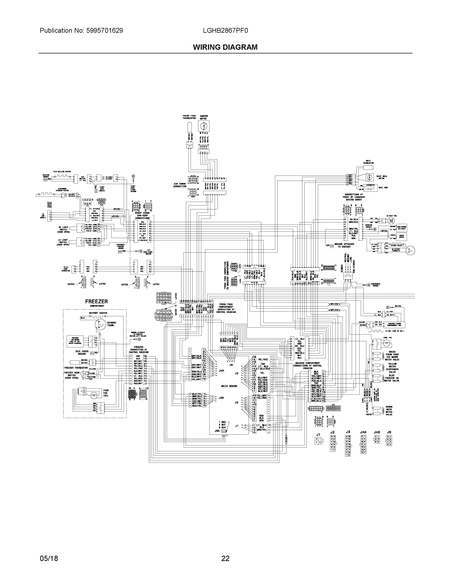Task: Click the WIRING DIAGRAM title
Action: [225, 47]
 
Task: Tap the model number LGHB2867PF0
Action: [225, 31]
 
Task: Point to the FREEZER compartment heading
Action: [97, 302]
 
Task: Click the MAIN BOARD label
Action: [229, 386]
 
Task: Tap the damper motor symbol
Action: [203, 126]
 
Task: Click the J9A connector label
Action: [217, 431]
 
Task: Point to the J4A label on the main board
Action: [221, 371]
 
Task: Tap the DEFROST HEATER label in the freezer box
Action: [98, 313]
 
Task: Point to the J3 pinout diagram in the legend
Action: [348, 445]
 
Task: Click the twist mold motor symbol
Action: [370, 177]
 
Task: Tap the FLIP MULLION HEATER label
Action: [62, 171]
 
